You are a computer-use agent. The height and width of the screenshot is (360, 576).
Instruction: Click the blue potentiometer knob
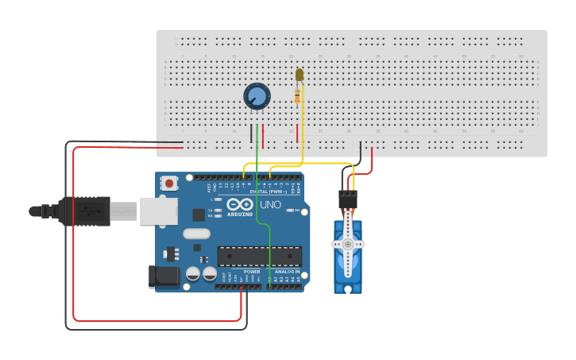[x=257, y=97]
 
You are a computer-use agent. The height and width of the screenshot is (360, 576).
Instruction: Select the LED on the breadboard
[x=300, y=75]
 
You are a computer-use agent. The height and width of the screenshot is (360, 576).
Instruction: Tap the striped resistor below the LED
[x=298, y=97]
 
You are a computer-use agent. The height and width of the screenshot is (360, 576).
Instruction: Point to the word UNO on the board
[x=270, y=204]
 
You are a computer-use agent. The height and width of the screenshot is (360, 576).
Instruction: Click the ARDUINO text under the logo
[x=240, y=214]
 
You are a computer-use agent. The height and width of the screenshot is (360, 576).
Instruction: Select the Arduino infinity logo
[x=240, y=203]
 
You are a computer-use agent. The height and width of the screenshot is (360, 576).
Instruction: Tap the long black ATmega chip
[x=260, y=257]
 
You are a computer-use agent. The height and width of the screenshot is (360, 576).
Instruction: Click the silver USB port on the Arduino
[x=158, y=211]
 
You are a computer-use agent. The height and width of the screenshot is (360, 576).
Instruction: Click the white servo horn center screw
[x=347, y=245]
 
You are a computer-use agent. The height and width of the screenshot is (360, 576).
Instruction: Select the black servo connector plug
[x=347, y=199]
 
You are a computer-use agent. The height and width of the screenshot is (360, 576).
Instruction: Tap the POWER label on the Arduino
[x=251, y=272]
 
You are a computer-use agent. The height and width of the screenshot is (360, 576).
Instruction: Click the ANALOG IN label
[x=288, y=272]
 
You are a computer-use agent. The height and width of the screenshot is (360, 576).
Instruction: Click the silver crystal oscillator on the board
[x=195, y=234]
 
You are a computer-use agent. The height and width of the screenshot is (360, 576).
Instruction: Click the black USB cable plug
[x=83, y=211]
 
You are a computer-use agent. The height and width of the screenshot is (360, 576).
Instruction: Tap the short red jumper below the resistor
[x=298, y=133]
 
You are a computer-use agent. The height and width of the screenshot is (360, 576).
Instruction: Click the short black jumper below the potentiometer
[x=252, y=133]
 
